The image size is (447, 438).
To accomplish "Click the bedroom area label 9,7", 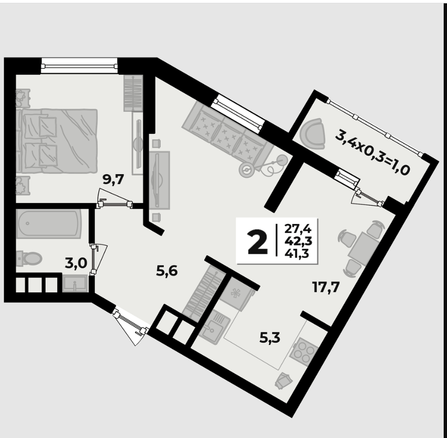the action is (113, 179).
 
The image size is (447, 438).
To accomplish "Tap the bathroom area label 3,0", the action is (76, 263).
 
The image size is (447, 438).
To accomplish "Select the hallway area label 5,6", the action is (167, 271).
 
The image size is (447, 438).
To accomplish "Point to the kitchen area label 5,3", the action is (270, 338).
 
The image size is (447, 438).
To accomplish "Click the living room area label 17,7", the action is (326, 287).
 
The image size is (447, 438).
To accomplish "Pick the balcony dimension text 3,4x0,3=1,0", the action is (372, 152).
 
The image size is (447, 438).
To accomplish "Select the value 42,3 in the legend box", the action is (298, 241).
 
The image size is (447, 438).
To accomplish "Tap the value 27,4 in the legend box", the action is (298, 229).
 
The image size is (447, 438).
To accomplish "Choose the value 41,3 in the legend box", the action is (297, 253).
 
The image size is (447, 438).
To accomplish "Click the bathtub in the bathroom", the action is (49, 224).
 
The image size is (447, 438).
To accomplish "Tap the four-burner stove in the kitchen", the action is (304, 352).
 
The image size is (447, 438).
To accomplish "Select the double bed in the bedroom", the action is (57, 141).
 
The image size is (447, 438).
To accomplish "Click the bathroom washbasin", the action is (75, 283).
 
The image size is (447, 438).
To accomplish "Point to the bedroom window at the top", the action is (79, 66).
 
